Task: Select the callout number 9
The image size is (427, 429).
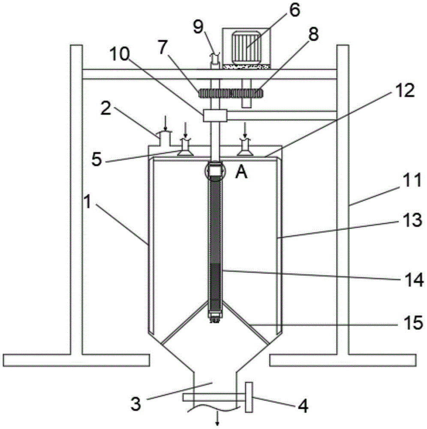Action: click(199, 27)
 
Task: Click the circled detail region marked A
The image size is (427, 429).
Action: click(215, 172)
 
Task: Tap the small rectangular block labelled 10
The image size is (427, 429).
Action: click(215, 115)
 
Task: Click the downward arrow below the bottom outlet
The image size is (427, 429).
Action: click(218, 419)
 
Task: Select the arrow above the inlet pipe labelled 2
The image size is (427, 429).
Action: click(165, 123)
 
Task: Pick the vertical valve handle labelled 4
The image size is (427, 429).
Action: click(249, 397)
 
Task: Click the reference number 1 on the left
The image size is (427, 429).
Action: click(87, 202)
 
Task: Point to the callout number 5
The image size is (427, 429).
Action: click(96, 160)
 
